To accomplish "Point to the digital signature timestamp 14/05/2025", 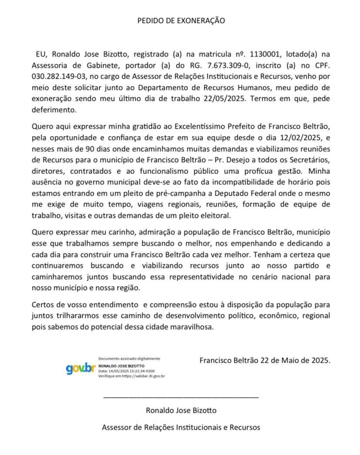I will point(117,371).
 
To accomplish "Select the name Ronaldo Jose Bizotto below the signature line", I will point(181,410).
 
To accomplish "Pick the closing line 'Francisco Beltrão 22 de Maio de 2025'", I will point(265,361).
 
